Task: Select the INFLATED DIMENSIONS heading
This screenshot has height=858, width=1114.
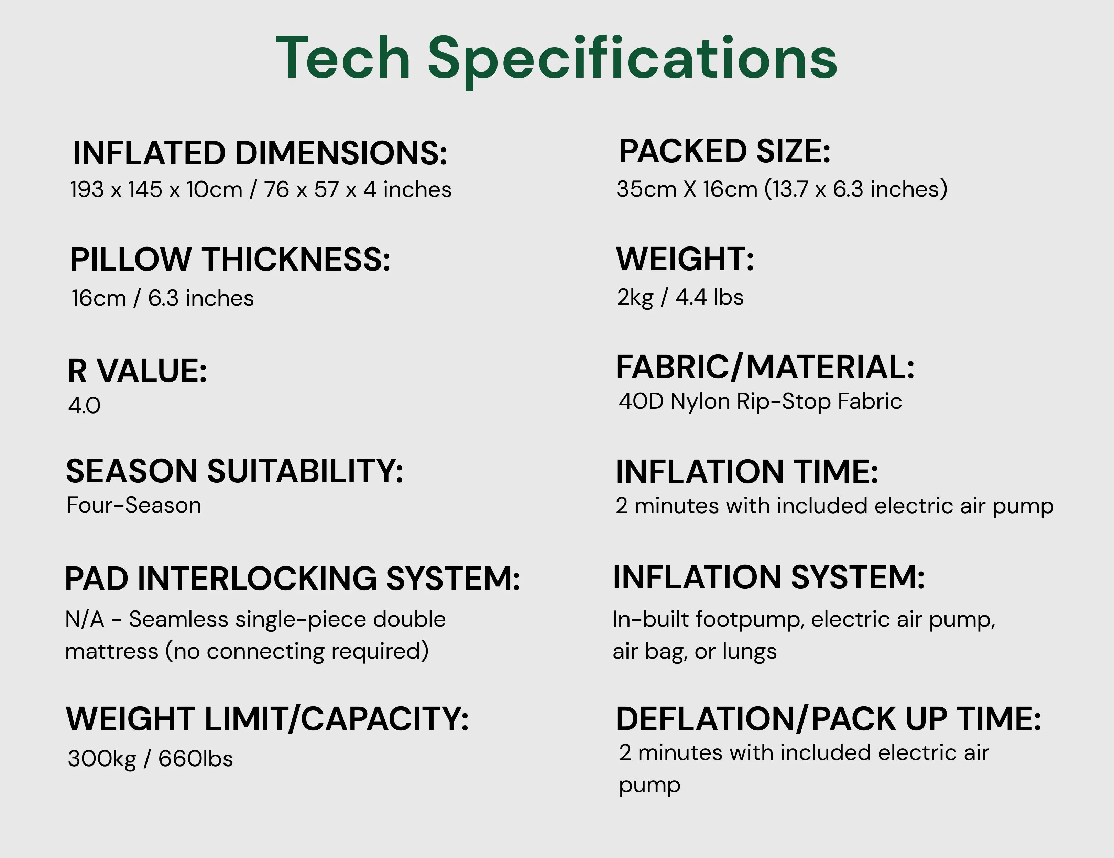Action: click(260, 153)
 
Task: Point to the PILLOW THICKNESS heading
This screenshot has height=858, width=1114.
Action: click(230, 259)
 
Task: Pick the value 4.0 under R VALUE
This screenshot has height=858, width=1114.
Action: click(84, 406)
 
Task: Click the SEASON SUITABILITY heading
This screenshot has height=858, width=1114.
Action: click(234, 471)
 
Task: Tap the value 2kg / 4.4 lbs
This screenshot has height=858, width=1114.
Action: click(680, 297)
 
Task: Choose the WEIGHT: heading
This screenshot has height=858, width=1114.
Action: click(685, 259)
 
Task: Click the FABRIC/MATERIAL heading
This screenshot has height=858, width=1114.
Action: click(765, 367)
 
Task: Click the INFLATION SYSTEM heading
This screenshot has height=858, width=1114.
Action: click(769, 577)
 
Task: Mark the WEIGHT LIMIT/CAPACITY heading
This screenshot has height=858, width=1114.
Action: click(267, 719)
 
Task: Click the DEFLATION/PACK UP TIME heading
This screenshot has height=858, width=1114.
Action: click(828, 719)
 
